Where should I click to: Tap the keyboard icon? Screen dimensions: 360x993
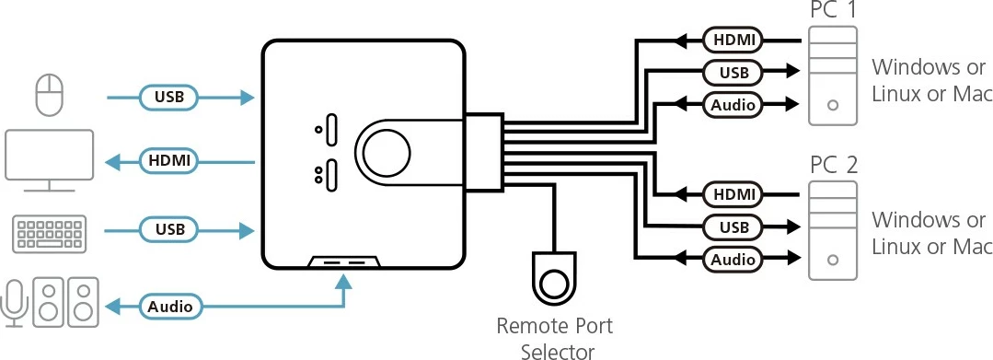pos(50,235)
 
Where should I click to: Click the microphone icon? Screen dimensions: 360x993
pos(16,302)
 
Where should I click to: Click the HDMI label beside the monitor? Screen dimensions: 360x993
pos(169,161)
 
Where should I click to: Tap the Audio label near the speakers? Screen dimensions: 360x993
pos(170,305)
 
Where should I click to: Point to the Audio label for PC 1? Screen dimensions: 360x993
pos(733,104)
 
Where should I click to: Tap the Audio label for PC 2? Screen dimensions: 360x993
pos(733,260)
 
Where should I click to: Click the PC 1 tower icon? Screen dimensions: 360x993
pos(832,75)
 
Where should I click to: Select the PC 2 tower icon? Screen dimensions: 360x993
pos(832,230)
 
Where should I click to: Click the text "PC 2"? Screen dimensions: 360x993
pos(833,166)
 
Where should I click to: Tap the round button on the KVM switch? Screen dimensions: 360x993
pos(387,150)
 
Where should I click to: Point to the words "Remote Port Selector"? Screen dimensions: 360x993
pos(554,337)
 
